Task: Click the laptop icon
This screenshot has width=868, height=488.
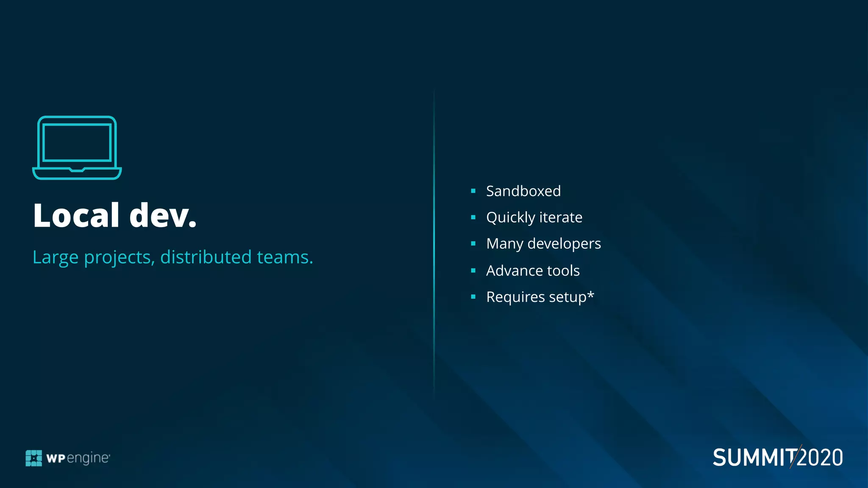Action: click(x=77, y=147)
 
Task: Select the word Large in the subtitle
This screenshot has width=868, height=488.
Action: click(x=56, y=257)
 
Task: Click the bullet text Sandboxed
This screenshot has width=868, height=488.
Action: click(x=523, y=191)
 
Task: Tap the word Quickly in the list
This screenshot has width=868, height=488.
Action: click(x=511, y=218)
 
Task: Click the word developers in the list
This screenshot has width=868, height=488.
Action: click(x=564, y=244)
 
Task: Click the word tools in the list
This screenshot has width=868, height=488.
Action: click(x=563, y=271)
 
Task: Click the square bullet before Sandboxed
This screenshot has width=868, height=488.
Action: click(x=473, y=191)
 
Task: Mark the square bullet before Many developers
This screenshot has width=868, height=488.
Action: click(x=473, y=244)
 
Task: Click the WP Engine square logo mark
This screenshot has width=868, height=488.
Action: click(x=34, y=458)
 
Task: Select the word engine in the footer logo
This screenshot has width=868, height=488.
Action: click(x=88, y=458)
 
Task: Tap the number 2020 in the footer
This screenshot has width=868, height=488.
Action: click(x=821, y=458)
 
